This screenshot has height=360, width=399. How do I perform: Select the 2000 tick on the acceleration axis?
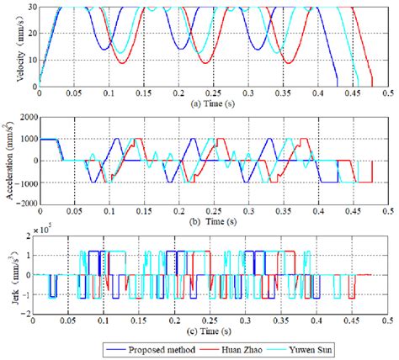(x=23, y=118)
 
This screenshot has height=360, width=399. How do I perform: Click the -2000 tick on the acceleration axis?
(x=21, y=203)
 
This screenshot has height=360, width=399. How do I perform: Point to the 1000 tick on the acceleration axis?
(x=23, y=140)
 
